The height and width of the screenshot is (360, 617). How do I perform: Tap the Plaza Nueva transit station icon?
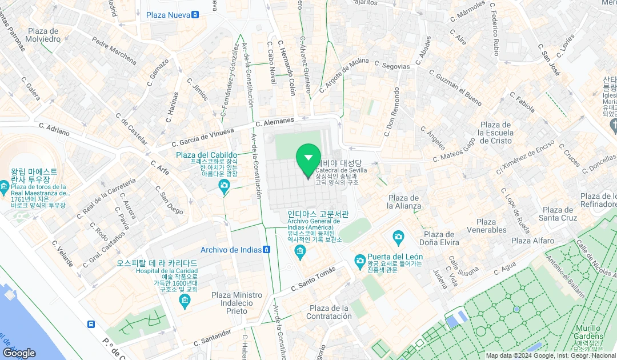pyautogui.click(x=195, y=14)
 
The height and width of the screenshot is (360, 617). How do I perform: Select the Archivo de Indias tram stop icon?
pyautogui.click(x=266, y=250)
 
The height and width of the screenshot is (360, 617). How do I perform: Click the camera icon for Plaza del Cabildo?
pyautogui.click(x=225, y=185)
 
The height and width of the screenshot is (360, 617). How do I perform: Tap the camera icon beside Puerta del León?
pyautogui.click(x=360, y=261)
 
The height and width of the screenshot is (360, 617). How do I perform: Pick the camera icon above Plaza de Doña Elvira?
pyautogui.click(x=399, y=237)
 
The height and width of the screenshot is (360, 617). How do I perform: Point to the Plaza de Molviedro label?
pyautogui.click(x=43, y=35)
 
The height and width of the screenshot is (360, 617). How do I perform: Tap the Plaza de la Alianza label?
pyautogui.click(x=404, y=202)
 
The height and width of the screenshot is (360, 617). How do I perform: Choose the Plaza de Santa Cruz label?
pyautogui.click(x=558, y=214)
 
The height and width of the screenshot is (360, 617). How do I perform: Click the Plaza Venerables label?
pyautogui.click(x=486, y=226)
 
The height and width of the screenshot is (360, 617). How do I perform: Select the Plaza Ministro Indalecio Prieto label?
pyautogui.click(x=237, y=303)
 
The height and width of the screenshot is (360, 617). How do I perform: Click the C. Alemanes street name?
pyautogui.click(x=275, y=122)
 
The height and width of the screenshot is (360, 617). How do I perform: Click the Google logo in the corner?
pyautogui.click(x=19, y=353)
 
